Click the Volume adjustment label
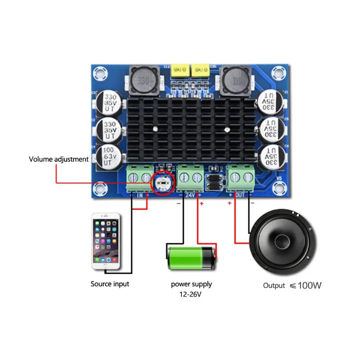(58, 159)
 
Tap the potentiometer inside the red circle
(162, 184)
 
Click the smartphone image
(106, 241)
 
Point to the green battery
(192, 258)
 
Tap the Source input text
(110, 284)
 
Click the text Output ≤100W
(292, 285)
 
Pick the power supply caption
(192, 284)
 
